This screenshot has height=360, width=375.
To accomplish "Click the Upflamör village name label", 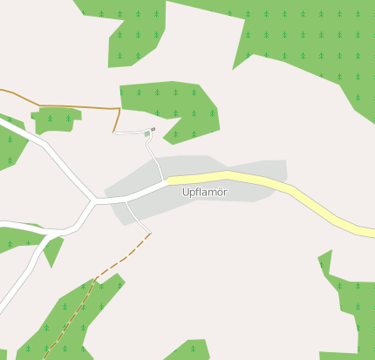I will pyautogui.click(x=205, y=192).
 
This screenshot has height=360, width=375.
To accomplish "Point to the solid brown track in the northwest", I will pyautogui.click(x=70, y=106).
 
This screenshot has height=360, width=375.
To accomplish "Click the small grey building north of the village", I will pyautogui.click(x=153, y=129).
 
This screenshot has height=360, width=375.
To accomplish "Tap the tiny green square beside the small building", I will pyautogui.click(x=147, y=134).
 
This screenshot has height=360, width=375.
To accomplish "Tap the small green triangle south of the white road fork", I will pyautogui.click(x=54, y=251).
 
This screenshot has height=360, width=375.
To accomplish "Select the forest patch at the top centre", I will pyautogui.click(x=131, y=31).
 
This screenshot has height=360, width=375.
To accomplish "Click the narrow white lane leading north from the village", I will pyautogui.click(x=155, y=161).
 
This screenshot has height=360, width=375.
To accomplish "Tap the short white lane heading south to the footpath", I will pyautogui.click(x=137, y=218).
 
